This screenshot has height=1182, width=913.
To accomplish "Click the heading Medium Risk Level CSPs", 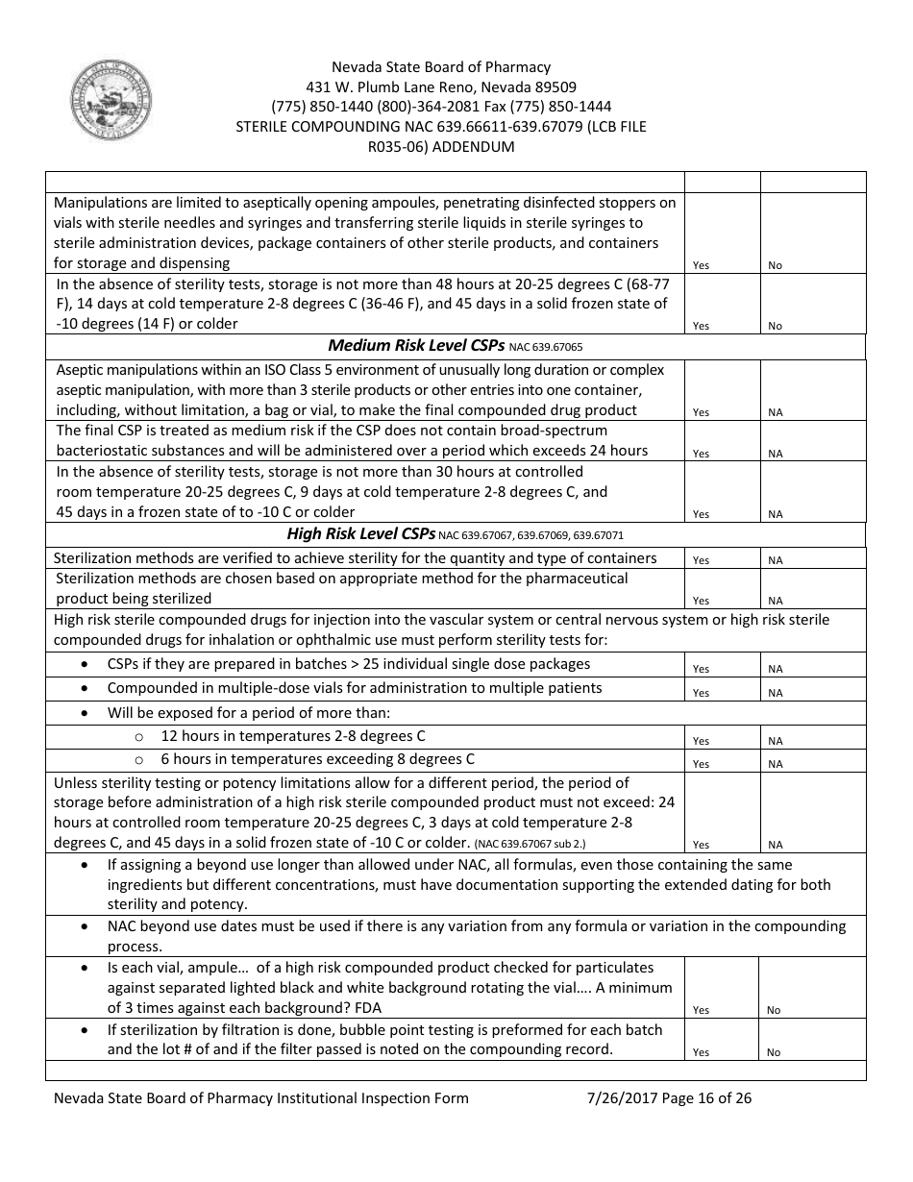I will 415,345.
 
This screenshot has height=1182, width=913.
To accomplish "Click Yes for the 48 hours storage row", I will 701,327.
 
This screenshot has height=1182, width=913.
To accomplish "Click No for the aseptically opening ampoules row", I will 775,265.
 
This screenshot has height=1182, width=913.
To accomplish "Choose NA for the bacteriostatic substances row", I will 775,454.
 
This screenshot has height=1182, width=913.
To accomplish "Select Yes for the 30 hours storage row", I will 701,514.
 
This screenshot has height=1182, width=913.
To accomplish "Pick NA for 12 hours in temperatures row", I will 775,741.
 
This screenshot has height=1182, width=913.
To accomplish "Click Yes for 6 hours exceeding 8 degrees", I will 701,764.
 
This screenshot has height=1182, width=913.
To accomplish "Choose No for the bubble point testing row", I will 774,1052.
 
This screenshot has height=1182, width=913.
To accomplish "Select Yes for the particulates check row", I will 701,1010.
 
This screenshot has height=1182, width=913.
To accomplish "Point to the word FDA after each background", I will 368,1007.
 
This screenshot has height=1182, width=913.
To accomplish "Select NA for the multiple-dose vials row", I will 775,693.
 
